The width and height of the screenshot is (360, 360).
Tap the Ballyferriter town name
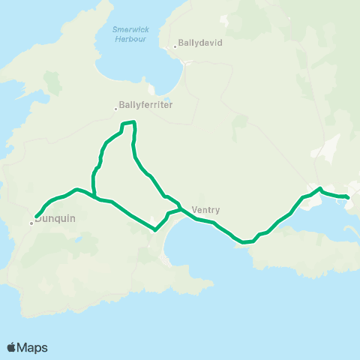pos(147,106)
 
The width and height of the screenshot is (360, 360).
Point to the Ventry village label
pos(205,211)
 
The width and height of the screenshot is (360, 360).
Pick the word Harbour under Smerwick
pos(130,38)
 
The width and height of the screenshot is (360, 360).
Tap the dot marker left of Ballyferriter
pos(115,108)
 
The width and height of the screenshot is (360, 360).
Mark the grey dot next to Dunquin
pos(31,222)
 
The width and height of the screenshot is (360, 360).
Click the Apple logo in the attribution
pos(11,347)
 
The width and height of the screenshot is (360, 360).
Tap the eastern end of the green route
pos(348,197)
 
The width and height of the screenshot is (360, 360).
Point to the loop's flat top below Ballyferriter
pos(128,122)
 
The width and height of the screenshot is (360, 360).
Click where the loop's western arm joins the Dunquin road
pos(95,196)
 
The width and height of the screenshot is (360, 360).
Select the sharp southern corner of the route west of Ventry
pos(155,230)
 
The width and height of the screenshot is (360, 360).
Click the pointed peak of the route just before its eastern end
pos(320,188)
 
